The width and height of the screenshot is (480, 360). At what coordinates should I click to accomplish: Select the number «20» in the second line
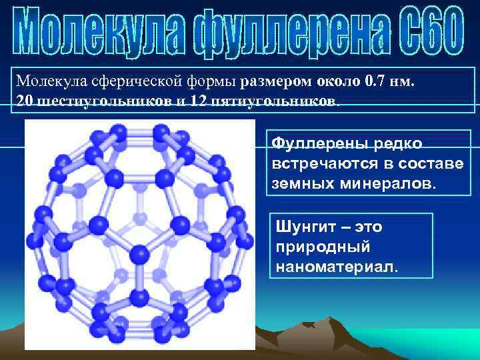tap(23, 102)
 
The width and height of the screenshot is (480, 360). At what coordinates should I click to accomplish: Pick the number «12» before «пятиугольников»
tap(198, 102)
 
